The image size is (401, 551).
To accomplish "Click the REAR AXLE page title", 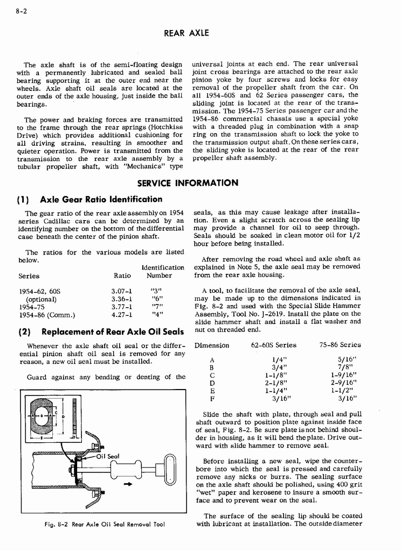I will [x=186, y=33].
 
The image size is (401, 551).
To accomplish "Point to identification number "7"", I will [x=157, y=307].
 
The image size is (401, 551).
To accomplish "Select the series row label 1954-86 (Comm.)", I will [x=47, y=315].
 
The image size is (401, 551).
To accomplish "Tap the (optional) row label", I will [x=42, y=299].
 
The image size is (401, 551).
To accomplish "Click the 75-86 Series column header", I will [x=340, y=345].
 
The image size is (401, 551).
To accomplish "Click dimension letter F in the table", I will [x=212, y=399].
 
